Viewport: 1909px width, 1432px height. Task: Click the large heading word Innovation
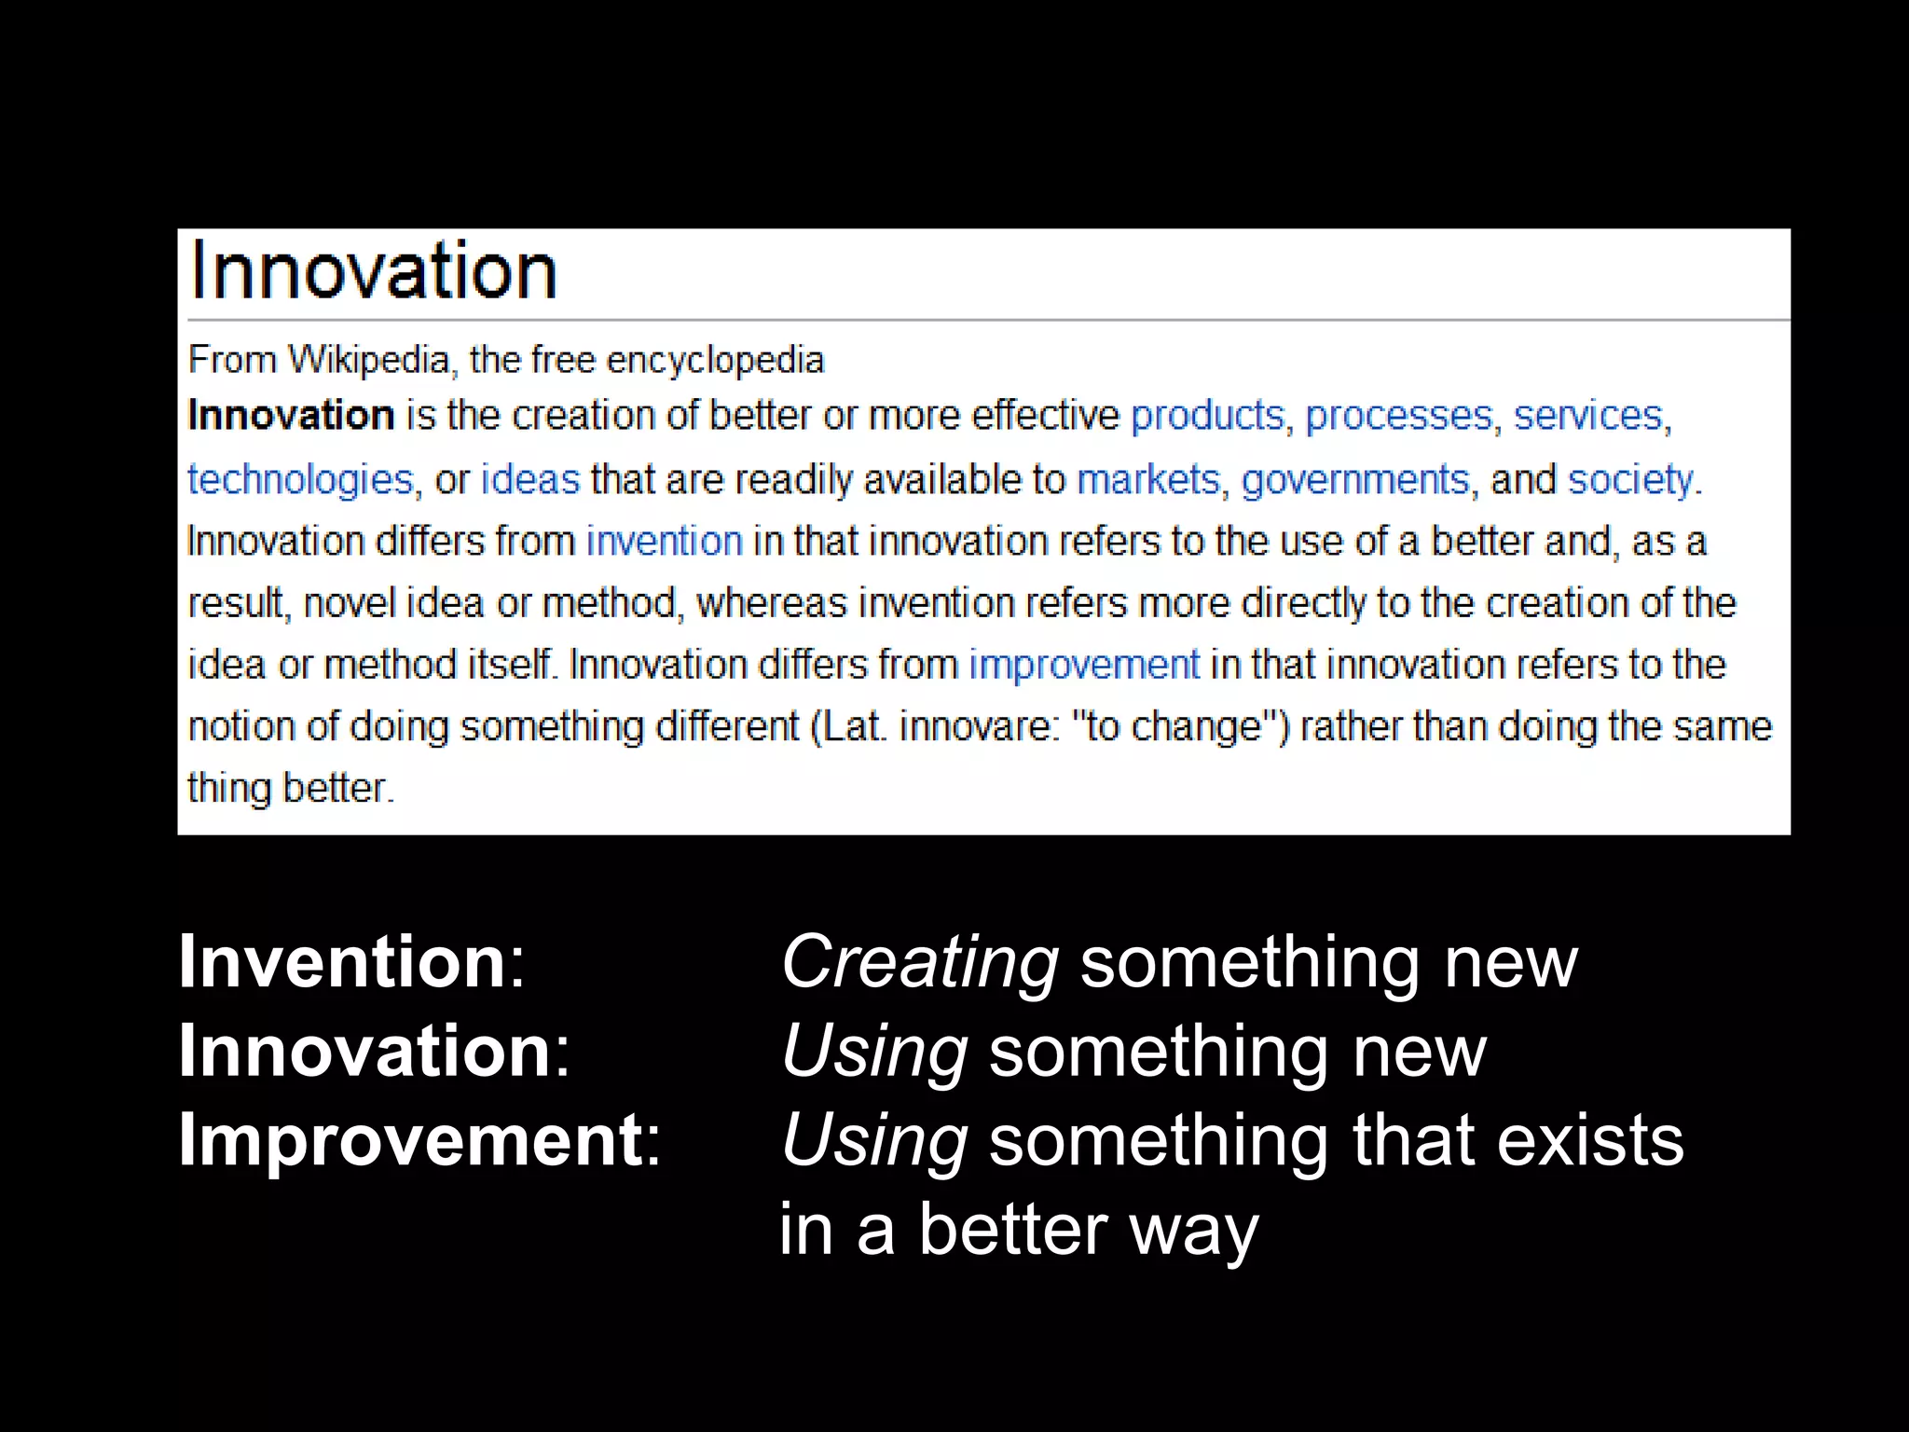[x=374, y=271]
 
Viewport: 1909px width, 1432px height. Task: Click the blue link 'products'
[x=1207, y=416]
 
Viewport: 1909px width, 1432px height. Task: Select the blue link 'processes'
[x=1398, y=416]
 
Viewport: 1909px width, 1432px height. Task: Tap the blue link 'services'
[x=1587, y=416]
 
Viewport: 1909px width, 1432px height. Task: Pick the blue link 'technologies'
[x=300, y=479]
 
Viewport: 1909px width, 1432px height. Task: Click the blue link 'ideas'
[x=529, y=479]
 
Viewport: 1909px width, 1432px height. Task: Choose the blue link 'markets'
[x=1147, y=479]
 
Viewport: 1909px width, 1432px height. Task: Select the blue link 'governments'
[x=1355, y=479]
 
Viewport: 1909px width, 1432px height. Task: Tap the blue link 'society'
[x=1630, y=479]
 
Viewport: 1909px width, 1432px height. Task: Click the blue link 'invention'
[x=664, y=541]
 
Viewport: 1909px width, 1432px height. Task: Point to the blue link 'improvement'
[x=1084, y=665]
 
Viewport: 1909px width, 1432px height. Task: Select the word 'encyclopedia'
[x=715, y=360]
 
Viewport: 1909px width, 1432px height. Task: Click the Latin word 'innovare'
[x=974, y=726]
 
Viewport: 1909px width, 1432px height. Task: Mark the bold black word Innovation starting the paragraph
[x=291, y=416]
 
